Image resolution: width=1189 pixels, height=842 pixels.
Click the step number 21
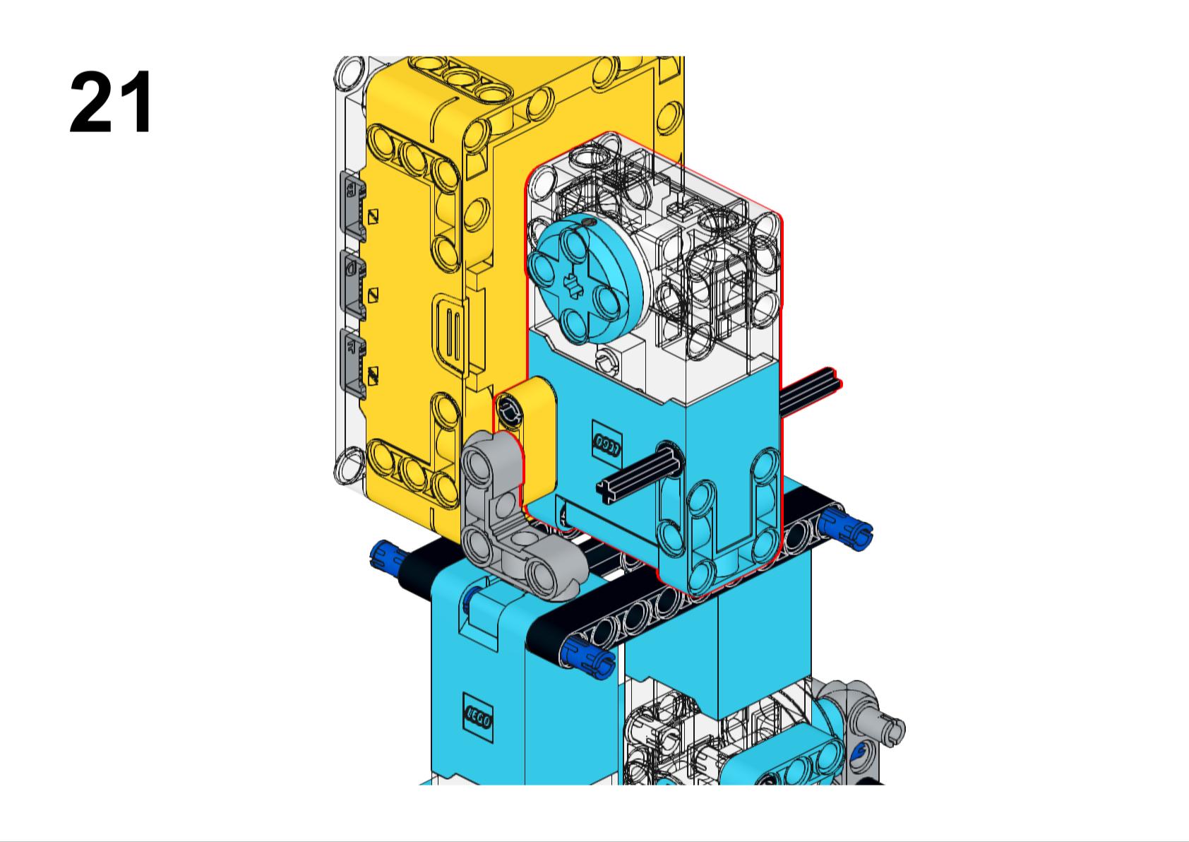pos(111,102)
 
